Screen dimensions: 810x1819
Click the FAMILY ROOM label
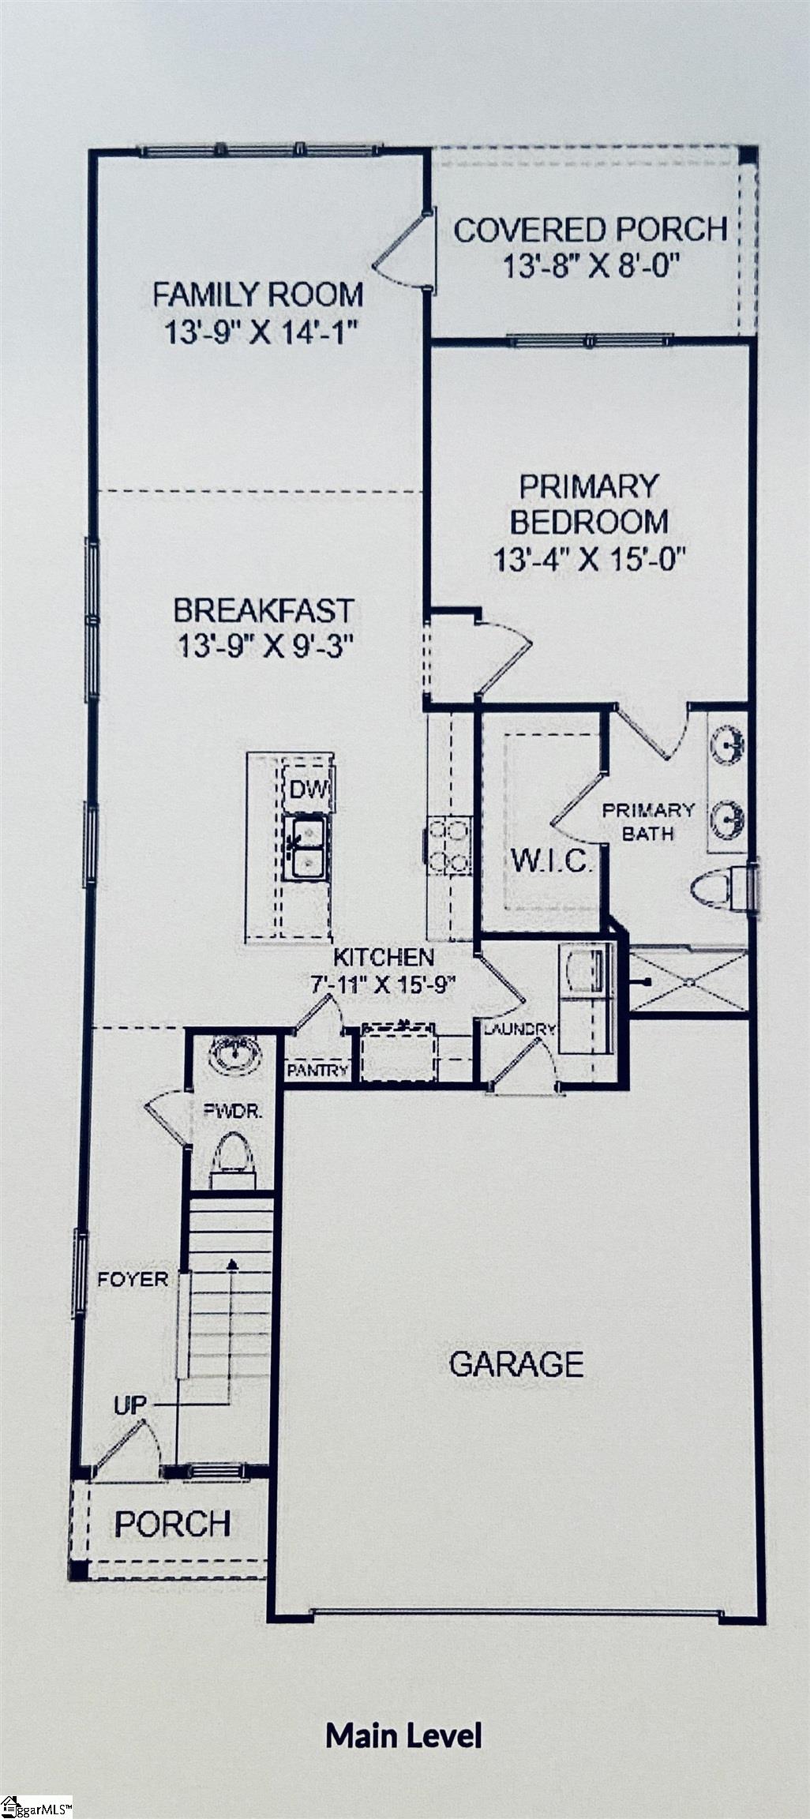tap(258, 294)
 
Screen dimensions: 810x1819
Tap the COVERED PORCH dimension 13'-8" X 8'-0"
tap(591, 267)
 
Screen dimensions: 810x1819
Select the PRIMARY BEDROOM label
tap(589, 504)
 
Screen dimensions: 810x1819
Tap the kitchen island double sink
tap(306, 848)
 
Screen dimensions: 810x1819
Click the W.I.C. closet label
tap(552, 860)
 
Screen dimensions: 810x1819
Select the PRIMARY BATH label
tap(648, 821)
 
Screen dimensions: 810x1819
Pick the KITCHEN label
tap(384, 958)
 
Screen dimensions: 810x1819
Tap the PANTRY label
tap(317, 1071)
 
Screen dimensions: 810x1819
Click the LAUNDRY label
tap(519, 1030)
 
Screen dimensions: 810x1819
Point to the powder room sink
tap(234, 1056)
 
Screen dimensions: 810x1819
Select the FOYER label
tap(133, 1280)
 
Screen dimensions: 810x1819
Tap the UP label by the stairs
tap(130, 1405)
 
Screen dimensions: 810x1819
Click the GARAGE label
tap(516, 1363)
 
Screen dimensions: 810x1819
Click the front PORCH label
tap(173, 1524)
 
